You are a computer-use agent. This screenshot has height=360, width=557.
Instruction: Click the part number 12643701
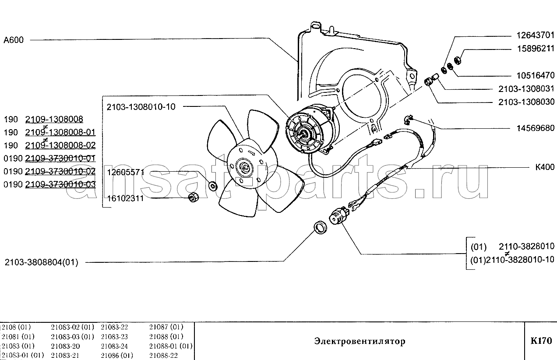coord(536,35)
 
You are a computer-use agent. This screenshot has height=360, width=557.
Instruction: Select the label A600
coord(14,40)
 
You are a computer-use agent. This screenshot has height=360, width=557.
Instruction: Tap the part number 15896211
coord(536,49)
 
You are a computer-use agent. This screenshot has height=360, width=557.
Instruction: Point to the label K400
coord(545,167)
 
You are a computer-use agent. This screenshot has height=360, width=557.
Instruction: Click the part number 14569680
coord(536,128)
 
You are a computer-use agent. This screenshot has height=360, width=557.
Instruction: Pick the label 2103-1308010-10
coord(141,107)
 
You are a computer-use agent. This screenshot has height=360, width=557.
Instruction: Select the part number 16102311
coord(126,198)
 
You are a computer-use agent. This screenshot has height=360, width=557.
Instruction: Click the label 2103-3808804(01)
coord(42,262)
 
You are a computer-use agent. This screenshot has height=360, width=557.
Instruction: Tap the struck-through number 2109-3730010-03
coord(60,184)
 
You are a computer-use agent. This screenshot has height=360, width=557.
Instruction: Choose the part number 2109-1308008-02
coord(60,145)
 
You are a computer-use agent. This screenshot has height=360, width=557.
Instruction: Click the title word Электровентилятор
coord(360,341)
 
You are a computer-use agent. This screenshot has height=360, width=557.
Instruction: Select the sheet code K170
coord(541,341)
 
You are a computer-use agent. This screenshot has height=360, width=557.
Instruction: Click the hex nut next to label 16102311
coord(193,198)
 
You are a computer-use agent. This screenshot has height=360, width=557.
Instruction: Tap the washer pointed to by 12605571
coord(213,186)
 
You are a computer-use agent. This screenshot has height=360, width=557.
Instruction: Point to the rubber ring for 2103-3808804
coord(321,227)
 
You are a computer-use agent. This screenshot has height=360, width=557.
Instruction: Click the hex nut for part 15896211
coord(458,60)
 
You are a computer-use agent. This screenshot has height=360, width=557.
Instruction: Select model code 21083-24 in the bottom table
coord(114,346)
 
